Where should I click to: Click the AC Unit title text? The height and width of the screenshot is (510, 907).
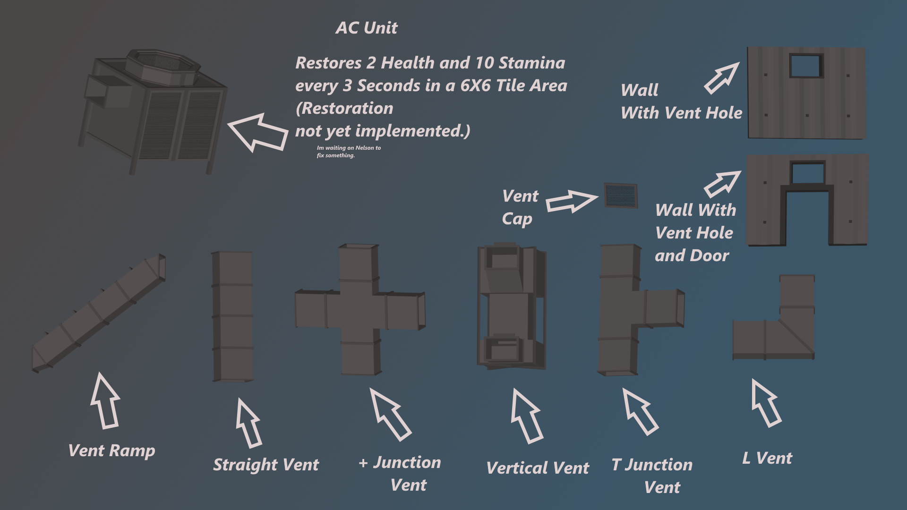coord(367,28)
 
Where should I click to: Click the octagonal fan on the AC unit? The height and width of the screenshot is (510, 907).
coord(163,66)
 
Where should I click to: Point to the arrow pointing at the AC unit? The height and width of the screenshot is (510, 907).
coord(258,132)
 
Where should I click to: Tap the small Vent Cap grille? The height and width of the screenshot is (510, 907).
coord(621,195)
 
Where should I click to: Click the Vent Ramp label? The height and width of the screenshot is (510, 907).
coord(111,450)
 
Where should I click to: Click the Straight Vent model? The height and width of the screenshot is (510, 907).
coord(232,316)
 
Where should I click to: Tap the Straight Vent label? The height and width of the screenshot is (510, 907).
coord(266,465)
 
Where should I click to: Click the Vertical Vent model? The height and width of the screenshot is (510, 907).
coord(512,307)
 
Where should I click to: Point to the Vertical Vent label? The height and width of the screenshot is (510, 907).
coord(538,468)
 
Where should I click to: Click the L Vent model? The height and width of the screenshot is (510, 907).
coord(784,331)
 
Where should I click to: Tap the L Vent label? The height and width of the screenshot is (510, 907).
coord(767,458)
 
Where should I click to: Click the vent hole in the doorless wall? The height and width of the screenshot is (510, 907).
coord(806,66)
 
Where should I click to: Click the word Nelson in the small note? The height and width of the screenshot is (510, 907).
coord(365,148)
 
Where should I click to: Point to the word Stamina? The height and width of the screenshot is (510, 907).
coord(532,63)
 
